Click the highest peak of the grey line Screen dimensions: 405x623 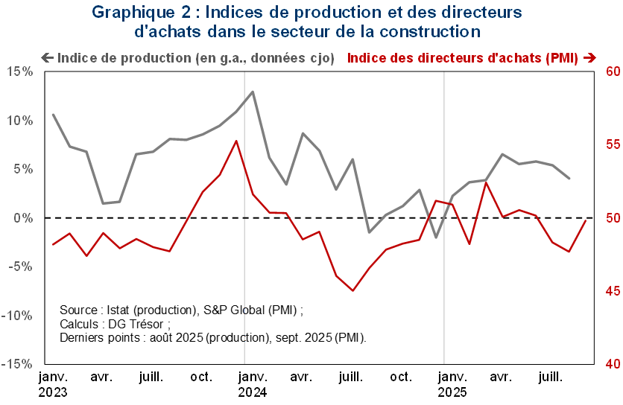(253, 92)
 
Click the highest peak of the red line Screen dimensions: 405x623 (236, 140)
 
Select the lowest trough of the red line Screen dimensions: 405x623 (353, 290)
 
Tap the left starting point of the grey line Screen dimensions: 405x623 (52, 114)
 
